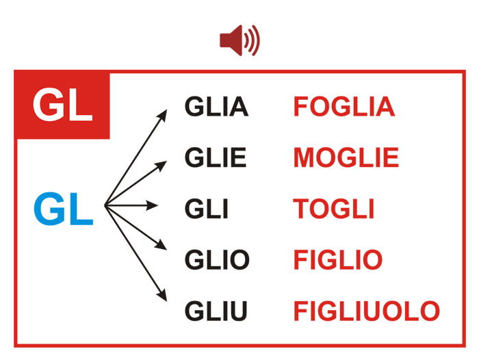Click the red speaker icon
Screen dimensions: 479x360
pos(239,40)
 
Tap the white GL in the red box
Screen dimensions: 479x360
pos(63,105)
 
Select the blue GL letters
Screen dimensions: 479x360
pos(63,209)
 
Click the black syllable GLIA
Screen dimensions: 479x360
pos(216,106)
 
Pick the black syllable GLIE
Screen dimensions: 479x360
pos(216,157)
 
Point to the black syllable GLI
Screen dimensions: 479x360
pos(207,209)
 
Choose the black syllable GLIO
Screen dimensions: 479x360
pos(217,259)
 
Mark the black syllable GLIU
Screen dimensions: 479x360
pos(216,311)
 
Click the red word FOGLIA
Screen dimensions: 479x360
pos(344,106)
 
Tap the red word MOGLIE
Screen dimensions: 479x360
pos(346,157)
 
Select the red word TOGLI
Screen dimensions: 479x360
pos(334,209)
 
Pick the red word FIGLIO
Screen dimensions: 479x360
pos(338,259)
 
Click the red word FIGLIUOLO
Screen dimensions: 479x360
pos(367,311)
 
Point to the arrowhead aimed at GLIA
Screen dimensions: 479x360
pos(163,116)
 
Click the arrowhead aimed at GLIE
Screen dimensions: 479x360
pos(161,166)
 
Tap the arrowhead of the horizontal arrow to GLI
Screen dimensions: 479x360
pos(152,205)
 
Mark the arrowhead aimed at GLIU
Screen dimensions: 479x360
pos(163,295)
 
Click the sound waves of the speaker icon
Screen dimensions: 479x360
pos(253,40)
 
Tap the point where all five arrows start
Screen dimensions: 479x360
pos(105,205)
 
